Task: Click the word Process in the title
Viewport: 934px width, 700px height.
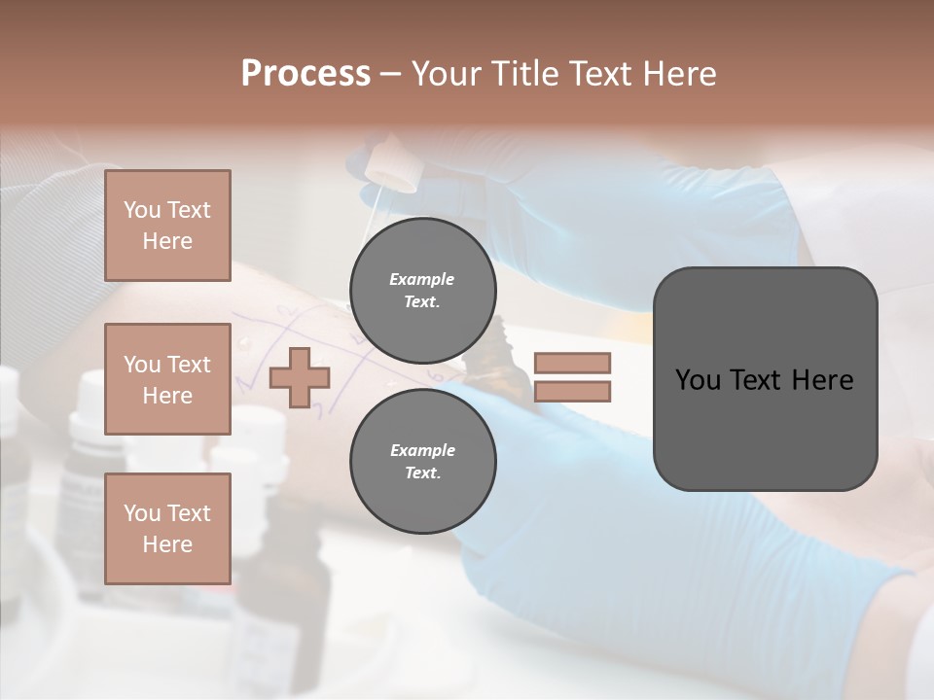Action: pos(305,74)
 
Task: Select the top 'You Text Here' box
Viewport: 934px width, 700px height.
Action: pos(167,226)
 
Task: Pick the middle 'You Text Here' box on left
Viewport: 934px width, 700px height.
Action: pos(167,379)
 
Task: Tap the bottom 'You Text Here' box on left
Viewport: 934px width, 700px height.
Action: pos(167,528)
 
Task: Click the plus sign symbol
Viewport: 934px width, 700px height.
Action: pos(300,377)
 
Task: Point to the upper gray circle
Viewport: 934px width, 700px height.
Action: pos(422,291)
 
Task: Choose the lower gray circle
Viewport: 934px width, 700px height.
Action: pos(422,462)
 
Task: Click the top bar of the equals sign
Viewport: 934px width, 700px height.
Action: pos(572,363)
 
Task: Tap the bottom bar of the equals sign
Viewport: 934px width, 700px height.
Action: pos(572,392)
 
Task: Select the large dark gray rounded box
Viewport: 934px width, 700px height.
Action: pos(765,378)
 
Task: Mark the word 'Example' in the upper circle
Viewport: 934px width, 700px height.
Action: pos(422,279)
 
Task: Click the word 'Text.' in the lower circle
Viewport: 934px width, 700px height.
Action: pos(422,473)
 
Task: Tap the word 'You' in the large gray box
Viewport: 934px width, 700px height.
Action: pos(697,379)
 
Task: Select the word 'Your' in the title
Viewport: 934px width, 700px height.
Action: pos(445,74)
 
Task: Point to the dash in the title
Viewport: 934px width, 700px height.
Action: pos(390,74)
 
